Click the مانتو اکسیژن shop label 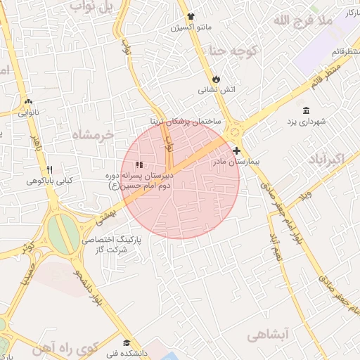(191, 29)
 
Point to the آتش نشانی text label (216, 90)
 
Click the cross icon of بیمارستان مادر (237, 150)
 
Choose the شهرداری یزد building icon (306, 110)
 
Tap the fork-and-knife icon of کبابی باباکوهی (49, 169)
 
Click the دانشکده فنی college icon (125, 342)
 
